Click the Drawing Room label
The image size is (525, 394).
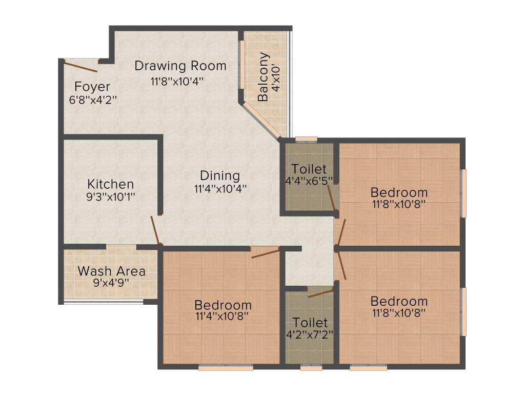click(180, 66)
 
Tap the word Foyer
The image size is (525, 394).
click(92, 86)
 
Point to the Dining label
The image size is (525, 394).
click(220, 175)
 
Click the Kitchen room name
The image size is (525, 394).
click(110, 184)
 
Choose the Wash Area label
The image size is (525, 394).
click(111, 271)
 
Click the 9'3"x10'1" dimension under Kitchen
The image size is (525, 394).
click(111, 196)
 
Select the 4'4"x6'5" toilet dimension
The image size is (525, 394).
click(309, 181)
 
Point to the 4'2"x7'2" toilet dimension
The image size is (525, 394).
click(309, 335)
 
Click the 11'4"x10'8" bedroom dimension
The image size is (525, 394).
click(222, 317)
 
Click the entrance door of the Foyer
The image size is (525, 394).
click(80, 66)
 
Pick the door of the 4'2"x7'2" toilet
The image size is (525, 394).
click(320, 292)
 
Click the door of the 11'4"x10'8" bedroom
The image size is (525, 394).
click(265, 252)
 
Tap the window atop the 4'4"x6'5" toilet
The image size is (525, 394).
click(306, 138)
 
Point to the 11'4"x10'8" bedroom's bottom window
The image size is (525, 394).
click(226, 367)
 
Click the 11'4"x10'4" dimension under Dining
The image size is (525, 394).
click(220, 188)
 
